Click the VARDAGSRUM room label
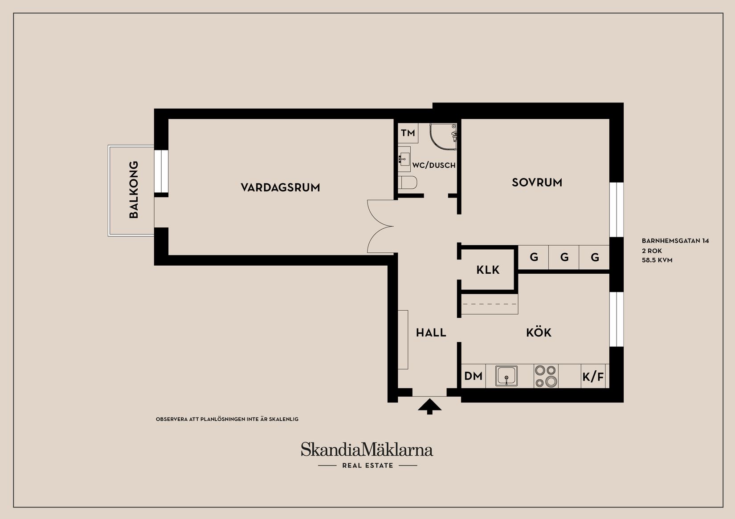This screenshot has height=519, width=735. click(x=280, y=187)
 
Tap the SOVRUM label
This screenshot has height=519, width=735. click(x=537, y=182)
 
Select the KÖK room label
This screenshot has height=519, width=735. click(x=539, y=332)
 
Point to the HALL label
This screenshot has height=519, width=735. click(x=431, y=332)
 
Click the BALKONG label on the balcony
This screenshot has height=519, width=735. click(x=134, y=190)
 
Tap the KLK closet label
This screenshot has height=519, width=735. click(x=488, y=270)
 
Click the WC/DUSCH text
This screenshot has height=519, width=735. click(x=434, y=165)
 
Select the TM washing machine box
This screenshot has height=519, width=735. click(x=408, y=133)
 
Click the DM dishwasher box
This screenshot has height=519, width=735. click(x=473, y=376)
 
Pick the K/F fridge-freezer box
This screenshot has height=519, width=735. click(x=593, y=377)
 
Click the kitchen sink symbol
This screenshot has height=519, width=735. click(x=506, y=376)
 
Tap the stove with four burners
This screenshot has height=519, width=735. click(x=546, y=376)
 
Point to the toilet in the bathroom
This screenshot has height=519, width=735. click(x=407, y=182)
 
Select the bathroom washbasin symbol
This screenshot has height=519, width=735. click(x=404, y=157)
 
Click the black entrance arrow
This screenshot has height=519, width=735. click(x=429, y=406)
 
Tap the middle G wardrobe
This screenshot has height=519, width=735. click(x=564, y=257)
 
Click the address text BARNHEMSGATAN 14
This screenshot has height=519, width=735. click(x=675, y=241)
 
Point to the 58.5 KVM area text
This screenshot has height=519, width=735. click(x=657, y=260)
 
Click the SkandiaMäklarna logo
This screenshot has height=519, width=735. click(x=367, y=450)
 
